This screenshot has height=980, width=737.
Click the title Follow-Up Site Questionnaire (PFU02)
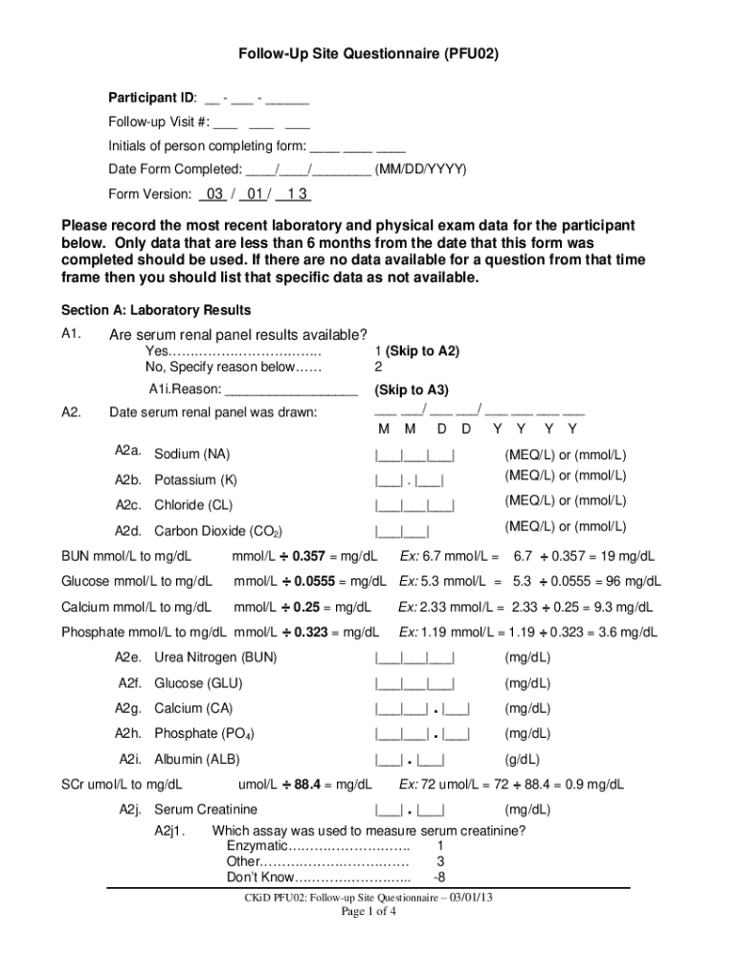pyautogui.click(x=368, y=56)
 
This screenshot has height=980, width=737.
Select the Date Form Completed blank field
pyautogui.click(x=308, y=169)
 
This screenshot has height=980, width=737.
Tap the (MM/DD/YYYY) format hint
pyautogui.click(x=421, y=169)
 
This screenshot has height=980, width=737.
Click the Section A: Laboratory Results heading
pyautogui.click(x=156, y=310)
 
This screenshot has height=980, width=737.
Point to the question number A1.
pyautogui.click(x=73, y=334)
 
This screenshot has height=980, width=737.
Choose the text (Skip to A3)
pyautogui.click(x=412, y=390)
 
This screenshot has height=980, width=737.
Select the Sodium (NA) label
pyautogui.click(x=192, y=455)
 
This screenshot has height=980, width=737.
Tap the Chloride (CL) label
pyautogui.click(x=193, y=505)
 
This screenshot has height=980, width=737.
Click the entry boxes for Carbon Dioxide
pyautogui.click(x=402, y=530)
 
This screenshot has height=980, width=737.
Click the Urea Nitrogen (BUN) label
pyautogui.click(x=215, y=657)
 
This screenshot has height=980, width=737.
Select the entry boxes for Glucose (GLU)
pyautogui.click(x=414, y=683)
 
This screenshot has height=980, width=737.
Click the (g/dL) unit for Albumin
pyautogui.click(x=523, y=760)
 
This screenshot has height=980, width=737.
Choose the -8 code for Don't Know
pyautogui.click(x=439, y=878)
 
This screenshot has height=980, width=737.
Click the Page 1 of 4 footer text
pyautogui.click(x=368, y=912)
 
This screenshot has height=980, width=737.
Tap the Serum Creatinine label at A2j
pyautogui.click(x=206, y=810)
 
